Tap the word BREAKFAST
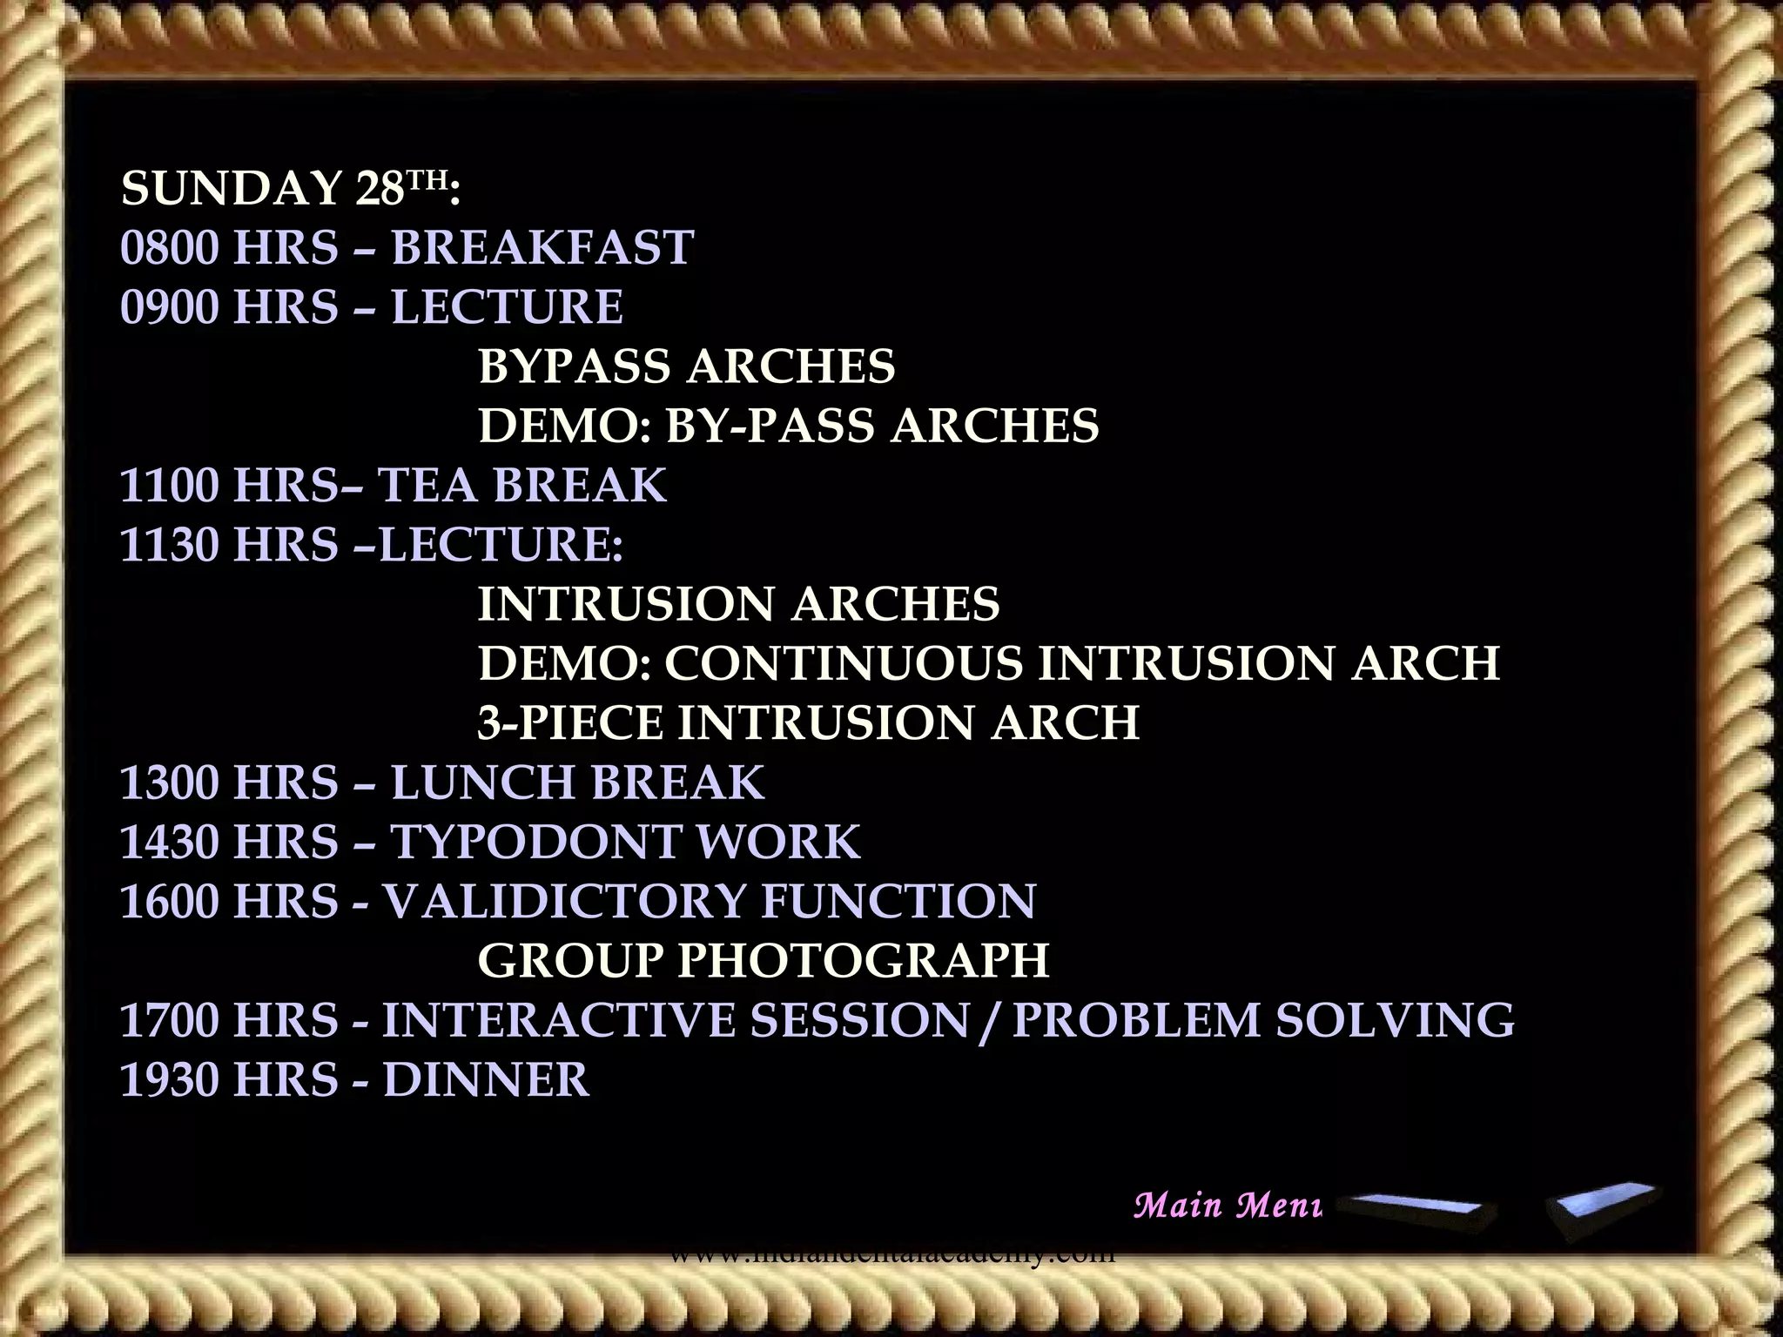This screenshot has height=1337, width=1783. tap(542, 248)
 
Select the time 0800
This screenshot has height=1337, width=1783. tap(170, 248)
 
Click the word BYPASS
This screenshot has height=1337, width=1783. tap(575, 366)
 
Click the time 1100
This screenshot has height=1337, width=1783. tap(170, 486)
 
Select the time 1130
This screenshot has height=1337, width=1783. tap(170, 545)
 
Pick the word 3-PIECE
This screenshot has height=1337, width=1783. tap(569, 723)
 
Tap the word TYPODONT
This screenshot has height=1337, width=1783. tap(529, 842)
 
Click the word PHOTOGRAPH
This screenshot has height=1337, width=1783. tap(863, 960)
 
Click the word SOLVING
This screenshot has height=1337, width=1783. tap(1395, 1020)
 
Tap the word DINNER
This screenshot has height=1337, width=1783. tap(486, 1080)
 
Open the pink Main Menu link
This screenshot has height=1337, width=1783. tap(1228, 1206)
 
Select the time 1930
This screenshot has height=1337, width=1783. tap(170, 1080)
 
